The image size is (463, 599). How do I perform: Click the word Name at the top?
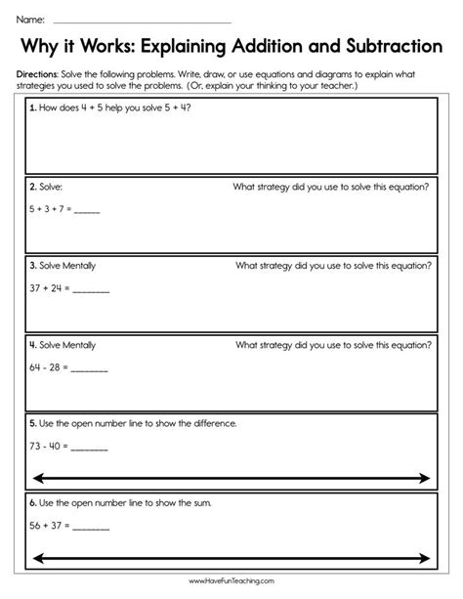(28, 20)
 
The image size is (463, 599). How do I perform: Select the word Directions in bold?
(38, 74)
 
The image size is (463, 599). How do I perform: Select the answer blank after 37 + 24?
(91, 290)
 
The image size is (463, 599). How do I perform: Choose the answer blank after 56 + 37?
(92, 529)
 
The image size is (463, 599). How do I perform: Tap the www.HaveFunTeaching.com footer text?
(231, 586)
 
